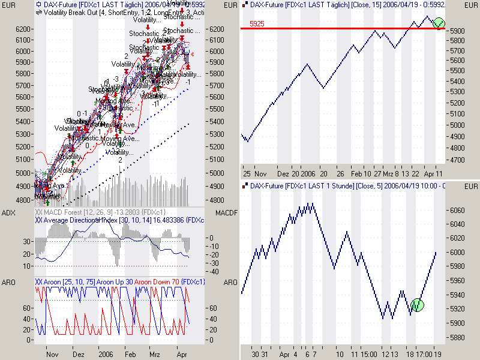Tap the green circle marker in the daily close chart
(x=439, y=23)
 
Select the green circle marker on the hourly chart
(x=418, y=305)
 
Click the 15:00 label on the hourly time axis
(x=368, y=355)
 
